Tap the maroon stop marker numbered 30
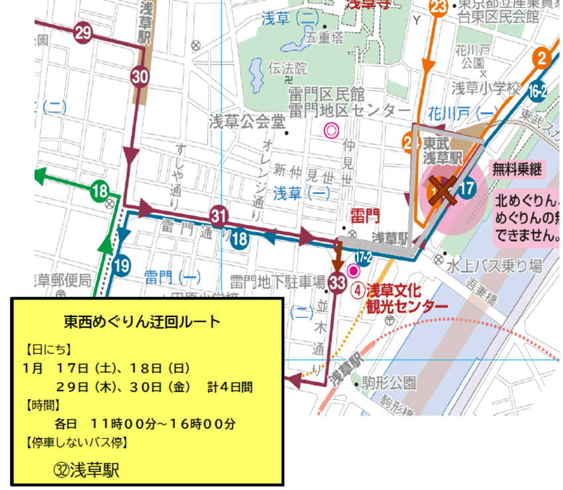click(139, 77)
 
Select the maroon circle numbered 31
click(219, 215)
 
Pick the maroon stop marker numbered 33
click(336, 283)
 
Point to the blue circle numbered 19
click(121, 267)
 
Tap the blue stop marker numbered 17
click(466, 188)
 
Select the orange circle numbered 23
click(438, 7)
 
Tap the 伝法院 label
click(287, 68)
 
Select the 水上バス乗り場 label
click(494, 267)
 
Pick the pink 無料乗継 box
click(517, 170)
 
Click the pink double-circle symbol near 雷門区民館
click(331, 130)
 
